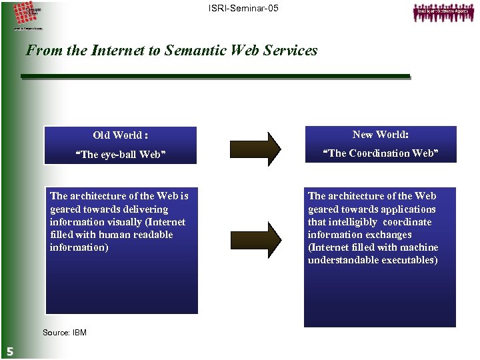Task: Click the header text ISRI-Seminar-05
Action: pyautogui.click(x=241, y=9)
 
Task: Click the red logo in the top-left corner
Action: pyautogui.click(x=27, y=15)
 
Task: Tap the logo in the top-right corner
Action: pyautogui.click(x=439, y=13)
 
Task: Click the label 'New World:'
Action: pyautogui.click(x=381, y=135)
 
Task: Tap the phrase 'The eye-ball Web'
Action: pyautogui.click(x=121, y=155)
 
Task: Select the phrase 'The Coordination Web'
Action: pyautogui.click(x=381, y=153)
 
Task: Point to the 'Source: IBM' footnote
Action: pyautogui.click(x=64, y=333)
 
